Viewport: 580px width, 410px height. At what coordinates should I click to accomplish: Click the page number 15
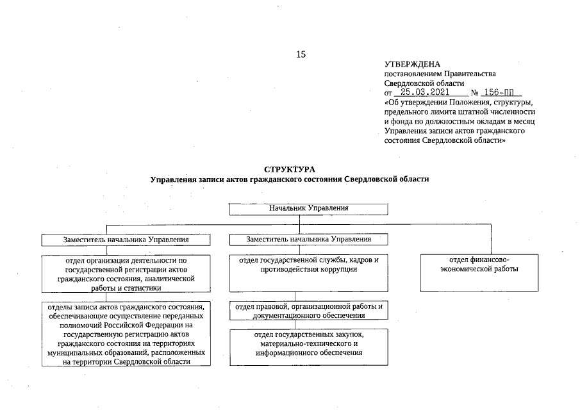tap(301, 54)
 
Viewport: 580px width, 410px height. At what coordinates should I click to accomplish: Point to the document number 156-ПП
tap(501, 92)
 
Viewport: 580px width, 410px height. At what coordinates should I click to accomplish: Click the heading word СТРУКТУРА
tap(290, 169)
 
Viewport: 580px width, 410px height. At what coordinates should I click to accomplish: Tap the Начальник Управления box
tap(309, 209)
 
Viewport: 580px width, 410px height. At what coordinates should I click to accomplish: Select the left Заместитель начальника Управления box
tap(126, 240)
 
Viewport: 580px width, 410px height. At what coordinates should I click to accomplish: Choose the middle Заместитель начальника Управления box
tap(309, 239)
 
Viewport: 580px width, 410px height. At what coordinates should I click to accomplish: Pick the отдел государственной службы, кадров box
tap(309, 272)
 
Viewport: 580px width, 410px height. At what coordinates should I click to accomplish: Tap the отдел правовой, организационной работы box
tap(309, 311)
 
